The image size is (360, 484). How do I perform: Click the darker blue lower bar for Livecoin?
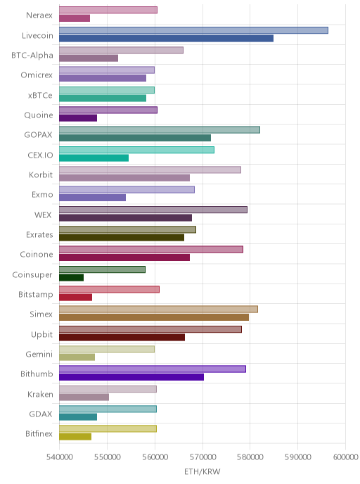[x=166, y=39]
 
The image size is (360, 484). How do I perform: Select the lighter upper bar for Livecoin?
[x=193, y=30]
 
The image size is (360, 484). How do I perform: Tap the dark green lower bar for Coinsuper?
[x=71, y=277]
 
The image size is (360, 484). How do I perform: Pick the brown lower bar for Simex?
[x=154, y=317]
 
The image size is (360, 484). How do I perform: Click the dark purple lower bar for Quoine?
[x=78, y=118]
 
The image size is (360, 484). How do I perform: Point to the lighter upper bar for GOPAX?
[x=160, y=130]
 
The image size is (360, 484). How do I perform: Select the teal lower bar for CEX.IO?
[x=94, y=158]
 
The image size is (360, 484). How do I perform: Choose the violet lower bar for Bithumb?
[x=131, y=377]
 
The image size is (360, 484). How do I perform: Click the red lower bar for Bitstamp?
[x=75, y=298]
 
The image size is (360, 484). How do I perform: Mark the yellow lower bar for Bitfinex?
[x=75, y=436]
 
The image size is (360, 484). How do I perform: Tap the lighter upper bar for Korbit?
[x=150, y=170]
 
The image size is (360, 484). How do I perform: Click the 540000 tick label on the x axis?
[x=60, y=457]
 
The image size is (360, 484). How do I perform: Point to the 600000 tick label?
[x=345, y=457]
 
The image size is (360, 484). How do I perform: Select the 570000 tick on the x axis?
[x=202, y=457]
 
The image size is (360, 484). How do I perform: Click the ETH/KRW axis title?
[x=202, y=471]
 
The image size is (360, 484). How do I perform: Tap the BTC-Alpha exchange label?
[x=32, y=56]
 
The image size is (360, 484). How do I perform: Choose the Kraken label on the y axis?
[x=40, y=394]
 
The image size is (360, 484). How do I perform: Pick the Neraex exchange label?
[x=39, y=15]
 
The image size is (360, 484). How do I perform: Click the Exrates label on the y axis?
[x=39, y=234]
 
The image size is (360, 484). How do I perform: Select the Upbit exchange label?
[x=42, y=335]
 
